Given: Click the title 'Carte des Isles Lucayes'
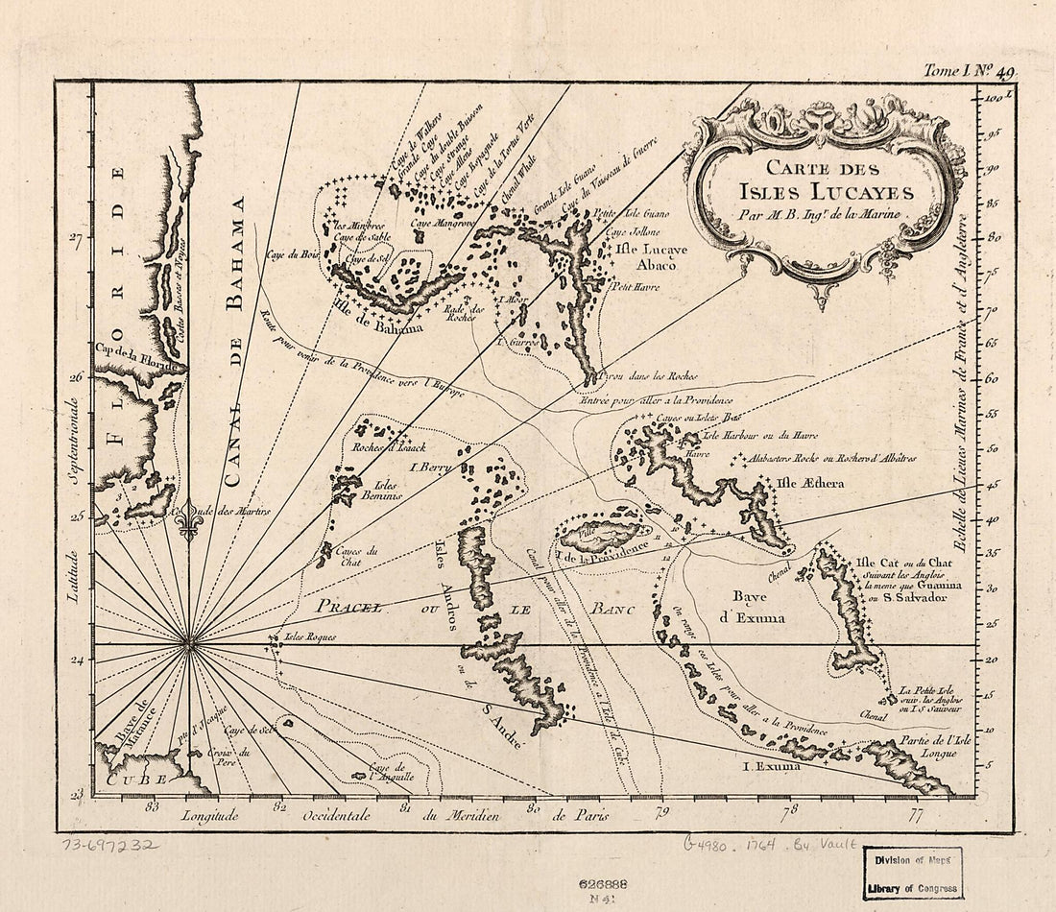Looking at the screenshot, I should point(825,183).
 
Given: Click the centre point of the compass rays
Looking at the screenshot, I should point(189,644).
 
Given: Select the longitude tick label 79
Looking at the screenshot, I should point(660,813).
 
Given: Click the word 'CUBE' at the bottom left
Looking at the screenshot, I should point(130,781).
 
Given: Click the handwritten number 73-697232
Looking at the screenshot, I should point(110,847).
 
